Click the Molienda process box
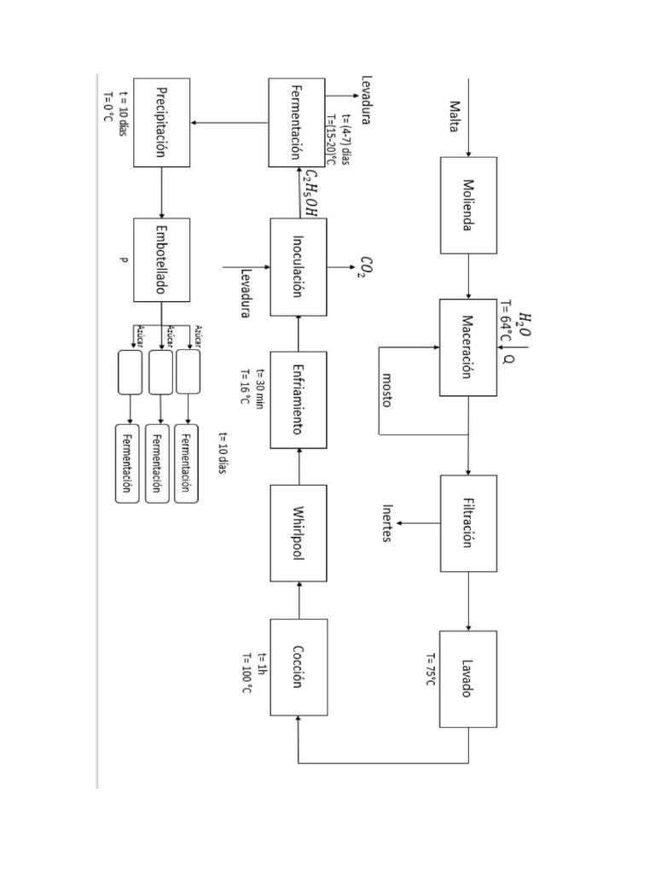tap(468, 205)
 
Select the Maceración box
tap(468, 347)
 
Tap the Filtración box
tap(468, 523)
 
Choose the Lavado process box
tap(468, 679)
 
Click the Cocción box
tap(298, 667)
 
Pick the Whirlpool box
tap(298, 533)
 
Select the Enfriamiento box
tap(298, 399)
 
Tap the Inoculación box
tap(298, 266)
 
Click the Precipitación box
tap(161, 122)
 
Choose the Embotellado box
tap(161, 259)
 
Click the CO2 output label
tap(367, 266)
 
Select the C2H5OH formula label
tap(310, 193)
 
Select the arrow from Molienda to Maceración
tap(468, 276)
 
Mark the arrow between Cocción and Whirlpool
tap(298, 600)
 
